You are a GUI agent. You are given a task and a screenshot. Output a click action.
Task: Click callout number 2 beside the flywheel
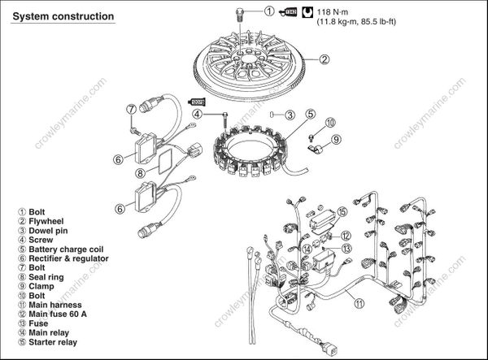coord(323,59)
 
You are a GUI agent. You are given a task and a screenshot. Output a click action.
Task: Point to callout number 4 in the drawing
coord(196,115)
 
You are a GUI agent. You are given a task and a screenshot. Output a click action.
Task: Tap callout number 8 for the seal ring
coord(140,172)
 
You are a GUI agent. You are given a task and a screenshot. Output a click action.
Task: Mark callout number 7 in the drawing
coord(130,108)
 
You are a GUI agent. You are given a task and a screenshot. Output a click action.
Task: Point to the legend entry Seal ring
coord(48,269)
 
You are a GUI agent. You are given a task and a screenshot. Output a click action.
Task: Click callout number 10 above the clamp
coord(330,122)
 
